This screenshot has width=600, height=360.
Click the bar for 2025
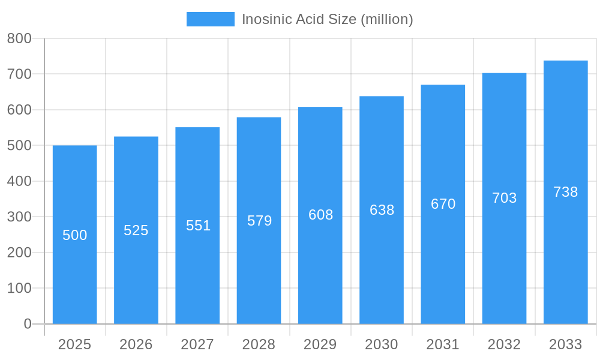pyautogui.click(x=74, y=270)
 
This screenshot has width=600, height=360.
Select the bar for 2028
pyautogui.click(x=259, y=270)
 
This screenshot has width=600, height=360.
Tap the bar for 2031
pyautogui.click(x=443, y=270)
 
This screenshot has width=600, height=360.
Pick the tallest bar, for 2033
pyautogui.click(x=565, y=270)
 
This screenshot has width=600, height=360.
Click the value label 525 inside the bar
pyautogui.click(x=136, y=230)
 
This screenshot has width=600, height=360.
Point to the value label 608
pyautogui.click(x=320, y=215)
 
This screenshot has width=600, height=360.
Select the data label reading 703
pyautogui.click(x=504, y=198)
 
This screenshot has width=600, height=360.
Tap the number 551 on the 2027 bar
pyautogui.click(x=198, y=226)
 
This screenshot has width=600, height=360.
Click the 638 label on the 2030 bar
pyautogui.click(x=382, y=210)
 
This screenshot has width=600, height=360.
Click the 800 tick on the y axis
pyautogui.click(x=19, y=38)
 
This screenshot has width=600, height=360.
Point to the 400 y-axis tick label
pyautogui.click(x=19, y=181)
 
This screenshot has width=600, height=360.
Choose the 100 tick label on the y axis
pyautogui.click(x=19, y=288)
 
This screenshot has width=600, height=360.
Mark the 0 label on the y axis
pyautogui.click(x=28, y=324)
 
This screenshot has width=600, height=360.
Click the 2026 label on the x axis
pyautogui.click(x=136, y=344)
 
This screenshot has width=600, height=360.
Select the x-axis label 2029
pyautogui.click(x=320, y=344)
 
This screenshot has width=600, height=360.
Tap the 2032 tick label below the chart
pyautogui.click(x=504, y=344)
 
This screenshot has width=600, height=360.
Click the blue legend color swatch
pyautogui.click(x=211, y=19)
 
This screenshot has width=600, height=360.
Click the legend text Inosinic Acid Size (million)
pyautogui.click(x=328, y=19)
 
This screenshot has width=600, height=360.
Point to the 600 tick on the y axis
pyautogui.click(x=19, y=110)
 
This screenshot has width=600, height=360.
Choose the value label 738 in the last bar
pyautogui.click(x=565, y=192)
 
